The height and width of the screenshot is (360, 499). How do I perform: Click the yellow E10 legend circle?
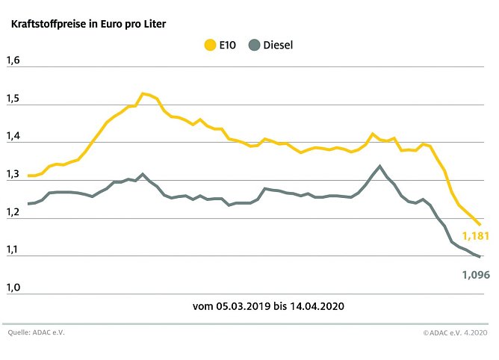(210, 45)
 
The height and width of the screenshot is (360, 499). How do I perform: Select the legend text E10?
(229, 45)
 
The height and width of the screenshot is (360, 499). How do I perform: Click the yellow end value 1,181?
(473, 237)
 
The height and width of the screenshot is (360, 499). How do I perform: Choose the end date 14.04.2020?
(320, 306)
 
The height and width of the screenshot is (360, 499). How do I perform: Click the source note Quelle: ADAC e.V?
(36, 332)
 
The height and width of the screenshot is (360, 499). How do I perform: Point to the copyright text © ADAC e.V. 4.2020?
(454, 332)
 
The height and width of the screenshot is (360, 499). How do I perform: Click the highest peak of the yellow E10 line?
(143, 93)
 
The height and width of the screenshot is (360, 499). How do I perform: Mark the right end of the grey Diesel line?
(479, 256)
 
